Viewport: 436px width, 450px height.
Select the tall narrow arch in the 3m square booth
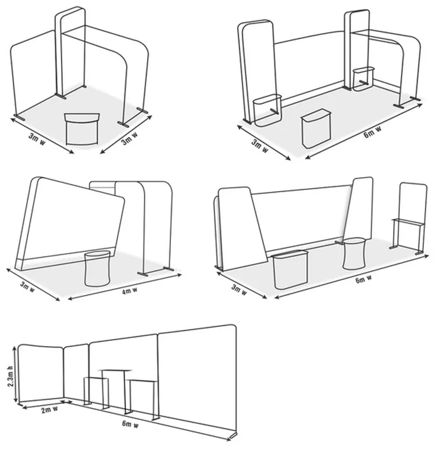tap(70, 55)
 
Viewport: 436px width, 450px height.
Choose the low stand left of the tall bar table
tap(95, 391)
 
